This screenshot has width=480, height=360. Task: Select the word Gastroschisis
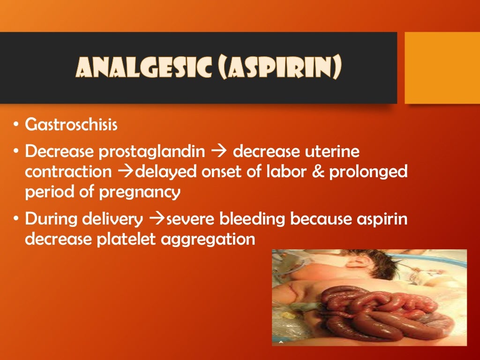coord(71,125)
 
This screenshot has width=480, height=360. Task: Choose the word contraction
coord(68,172)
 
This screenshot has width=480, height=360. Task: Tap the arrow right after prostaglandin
coord(219,152)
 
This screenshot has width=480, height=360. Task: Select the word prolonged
coord(368,172)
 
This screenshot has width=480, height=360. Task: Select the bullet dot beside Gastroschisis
coord(16,125)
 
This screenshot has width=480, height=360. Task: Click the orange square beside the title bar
coord(442,67)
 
